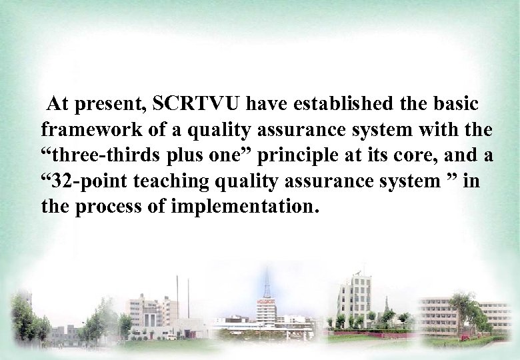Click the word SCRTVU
[198, 105]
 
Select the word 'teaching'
[165, 181]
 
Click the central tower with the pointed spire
[267, 300]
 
